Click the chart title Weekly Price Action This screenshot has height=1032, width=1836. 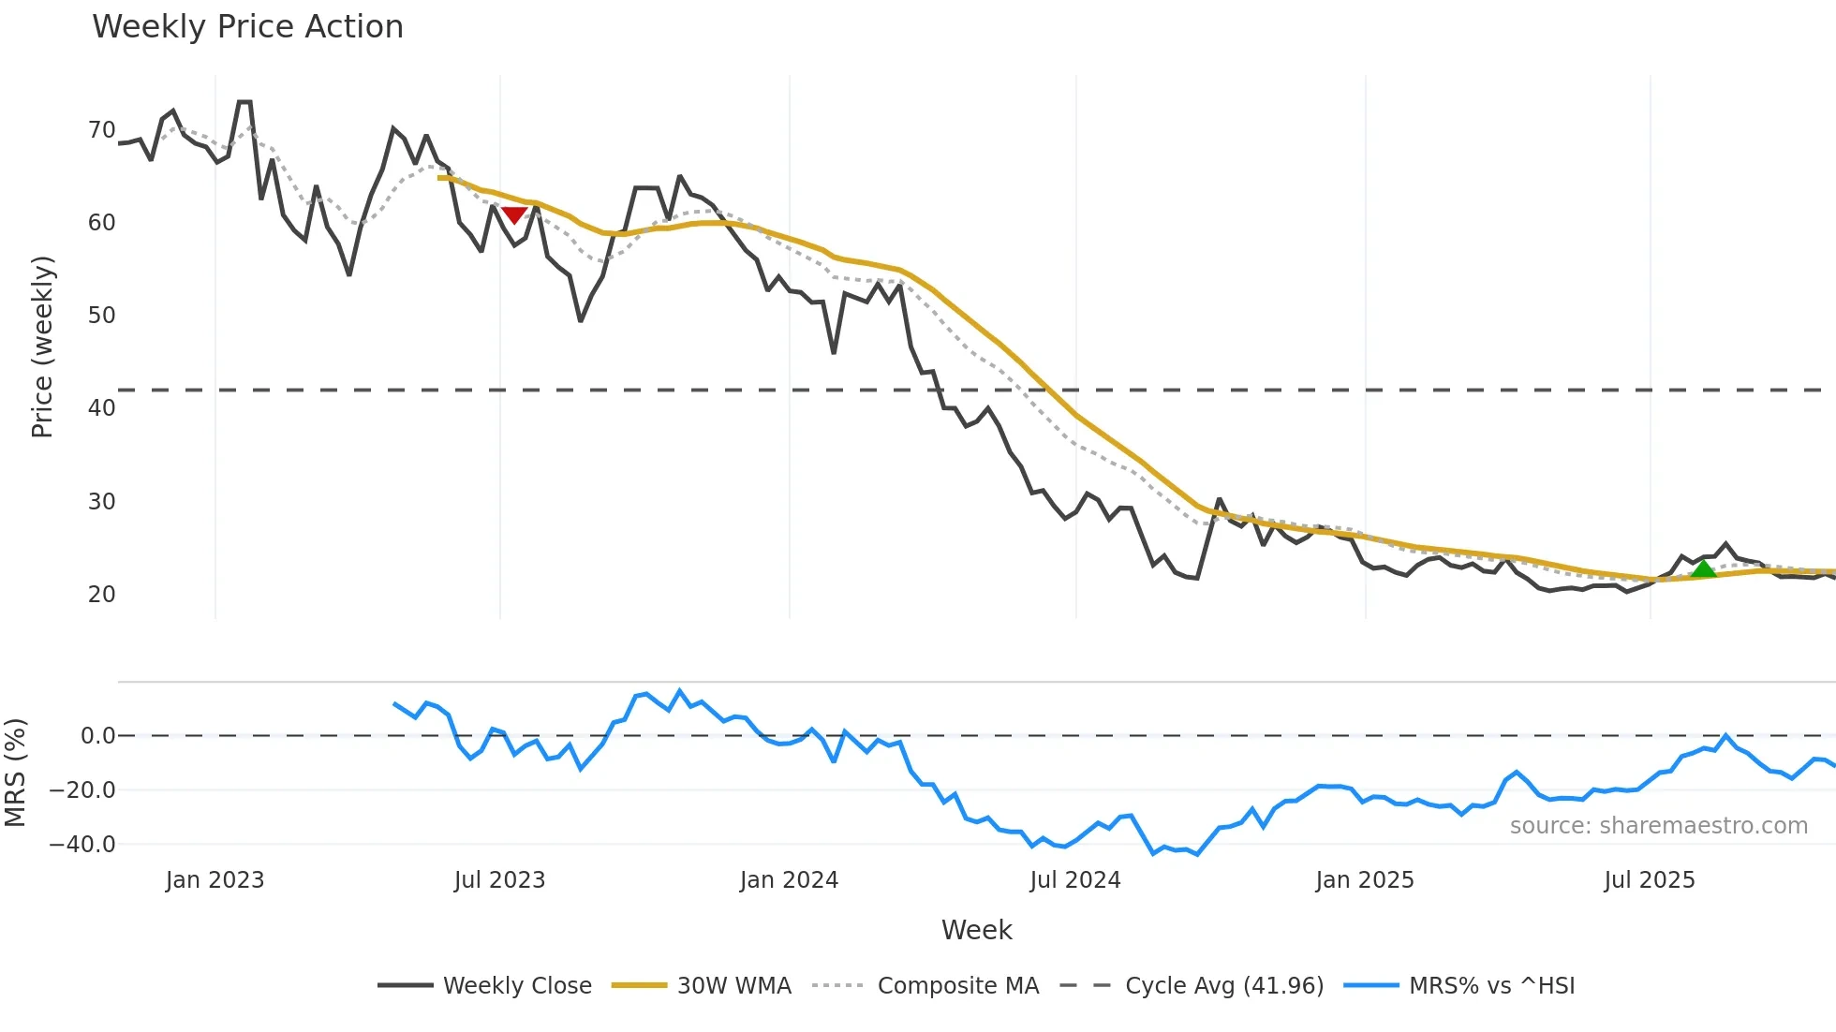[x=247, y=27]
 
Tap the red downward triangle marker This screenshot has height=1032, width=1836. [x=514, y=215]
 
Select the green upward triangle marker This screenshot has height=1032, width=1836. [x=1703, y=568]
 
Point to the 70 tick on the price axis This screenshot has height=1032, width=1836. [x=102, y=130]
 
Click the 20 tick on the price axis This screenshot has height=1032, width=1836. [x=102, y=595]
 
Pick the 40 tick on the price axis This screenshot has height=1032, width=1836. [x=102, y=408]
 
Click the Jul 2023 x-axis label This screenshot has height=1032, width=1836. [x=499, y=880]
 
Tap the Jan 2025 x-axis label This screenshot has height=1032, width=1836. [x=1364, y=880]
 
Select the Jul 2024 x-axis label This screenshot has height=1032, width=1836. [x=1074, y=880]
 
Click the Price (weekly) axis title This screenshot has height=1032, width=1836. [x=43, y=346]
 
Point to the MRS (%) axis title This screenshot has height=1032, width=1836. [x=16, y=773]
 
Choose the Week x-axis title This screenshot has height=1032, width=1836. [x=976, y=930]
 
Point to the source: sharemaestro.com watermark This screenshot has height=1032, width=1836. [x=1658, y=826]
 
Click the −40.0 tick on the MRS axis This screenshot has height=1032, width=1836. [x=82, y=845]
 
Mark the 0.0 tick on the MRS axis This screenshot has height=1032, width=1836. [x=97, y=736]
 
